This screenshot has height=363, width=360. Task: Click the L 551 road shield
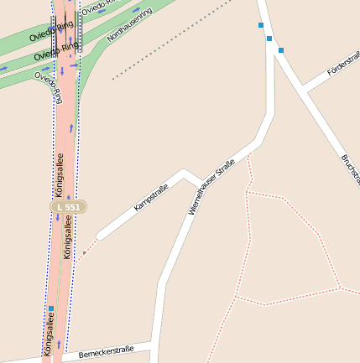[67, 206]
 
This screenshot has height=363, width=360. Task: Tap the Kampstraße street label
[151, 197]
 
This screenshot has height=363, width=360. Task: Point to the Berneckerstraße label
[106, 352]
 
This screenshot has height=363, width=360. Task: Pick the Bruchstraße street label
[351, 168]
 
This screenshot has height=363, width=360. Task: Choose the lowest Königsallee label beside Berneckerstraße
[49, 334]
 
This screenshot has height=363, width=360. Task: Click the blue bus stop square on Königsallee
[51, 309]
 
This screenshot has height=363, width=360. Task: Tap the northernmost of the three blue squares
[261, 25]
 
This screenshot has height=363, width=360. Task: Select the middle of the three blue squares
[269, 39]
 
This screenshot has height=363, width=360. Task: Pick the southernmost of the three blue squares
[281, 50]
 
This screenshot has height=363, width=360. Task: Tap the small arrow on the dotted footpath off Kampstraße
[84, 252]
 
